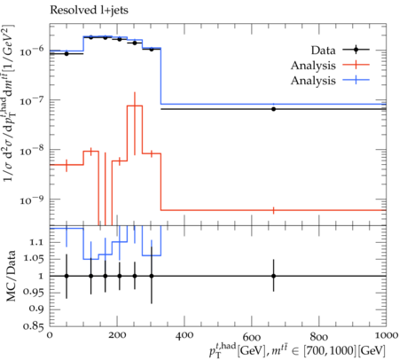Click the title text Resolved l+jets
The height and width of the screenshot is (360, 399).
pos(89,11)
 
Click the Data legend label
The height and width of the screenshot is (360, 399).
pos(323,51)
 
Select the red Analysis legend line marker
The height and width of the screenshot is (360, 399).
pos(356,65)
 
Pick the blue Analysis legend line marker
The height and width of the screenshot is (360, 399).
pos(356,80)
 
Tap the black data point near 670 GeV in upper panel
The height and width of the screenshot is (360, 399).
pos(274,109)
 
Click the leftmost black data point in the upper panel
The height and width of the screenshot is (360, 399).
pos(66,54)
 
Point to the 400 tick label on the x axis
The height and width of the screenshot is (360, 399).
pos(184,335)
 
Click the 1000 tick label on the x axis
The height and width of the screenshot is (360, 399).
pos(385,335)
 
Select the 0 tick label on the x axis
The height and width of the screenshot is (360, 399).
pos(50,335)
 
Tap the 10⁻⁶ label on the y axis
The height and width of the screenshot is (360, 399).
pos(32,51)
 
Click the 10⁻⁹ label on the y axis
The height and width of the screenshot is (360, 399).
pos(32,200)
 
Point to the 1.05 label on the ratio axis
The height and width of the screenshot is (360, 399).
pos(34,259)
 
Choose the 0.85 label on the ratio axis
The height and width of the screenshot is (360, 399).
pos(34,326)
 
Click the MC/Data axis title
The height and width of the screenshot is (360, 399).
pos(11,276)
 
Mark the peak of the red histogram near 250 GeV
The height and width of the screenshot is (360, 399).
pos(135,106)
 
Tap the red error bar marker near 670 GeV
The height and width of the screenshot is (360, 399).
pos(274,210)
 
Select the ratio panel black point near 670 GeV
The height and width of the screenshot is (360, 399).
pos(274,276)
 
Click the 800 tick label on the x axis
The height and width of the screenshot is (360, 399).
pos(319,335)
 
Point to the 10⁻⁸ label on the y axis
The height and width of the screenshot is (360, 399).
pos(32,151)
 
